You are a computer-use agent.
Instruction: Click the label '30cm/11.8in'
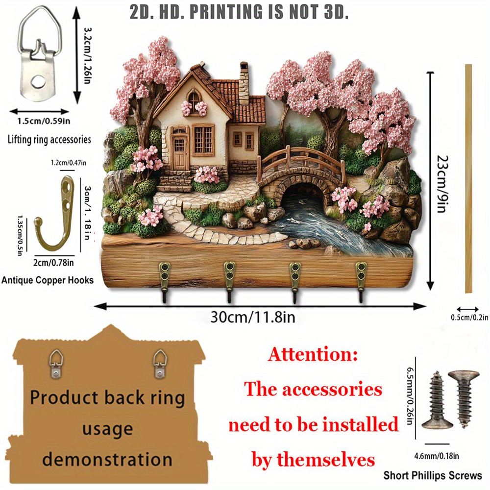pos(252,317)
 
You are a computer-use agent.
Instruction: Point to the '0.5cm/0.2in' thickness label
pos(469,318)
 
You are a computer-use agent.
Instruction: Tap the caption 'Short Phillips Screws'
pos(433,475)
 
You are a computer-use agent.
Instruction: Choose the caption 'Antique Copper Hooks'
pos(47,280)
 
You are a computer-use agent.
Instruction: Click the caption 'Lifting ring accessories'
pos(49,140)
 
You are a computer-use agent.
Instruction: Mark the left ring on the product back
pos(57,363)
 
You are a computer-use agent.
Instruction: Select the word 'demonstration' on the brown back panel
pos(107,460)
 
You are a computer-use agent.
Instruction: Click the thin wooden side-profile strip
pos(469,179)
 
